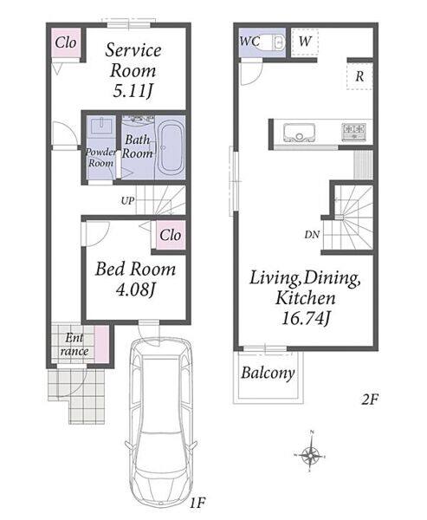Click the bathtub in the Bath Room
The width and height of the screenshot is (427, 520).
pyautogui.click(x=171, y=146)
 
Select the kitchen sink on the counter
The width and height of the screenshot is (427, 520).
pyautogui.click(x=299, y=133)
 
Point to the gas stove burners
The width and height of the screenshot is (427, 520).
pyautogui.click(x=354, y=132)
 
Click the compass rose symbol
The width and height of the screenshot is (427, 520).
pyautogui.click(x=311, y=455)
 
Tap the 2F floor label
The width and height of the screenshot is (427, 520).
pyautogui.click(x=369, y=400)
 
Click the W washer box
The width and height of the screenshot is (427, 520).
pyautogui.click(x=305, y=42)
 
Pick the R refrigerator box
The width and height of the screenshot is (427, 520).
pyautogui.click(x=359, y=76)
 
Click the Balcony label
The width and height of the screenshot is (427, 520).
pyautogui.click(x=268, y=373)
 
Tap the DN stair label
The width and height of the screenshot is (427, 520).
pyautogui.click(x=312, y=235)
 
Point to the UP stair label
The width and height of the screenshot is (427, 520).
pyautogui.click(x=127, y=201)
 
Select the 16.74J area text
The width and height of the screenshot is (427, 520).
pyautogui.click(x=306, y=319)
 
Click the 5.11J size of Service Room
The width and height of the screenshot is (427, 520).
pyautogui.click(x=133, y=91)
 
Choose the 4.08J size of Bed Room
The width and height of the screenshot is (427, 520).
pyautogui.click(x=136, y=290)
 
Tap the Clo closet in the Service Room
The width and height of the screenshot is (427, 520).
pyautogui.click(x=66, y=42)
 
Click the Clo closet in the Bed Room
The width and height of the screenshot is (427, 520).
pyautogui.click(x=171, y=235)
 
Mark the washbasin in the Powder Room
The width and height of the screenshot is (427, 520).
pyautogui.click(x=100, y=126)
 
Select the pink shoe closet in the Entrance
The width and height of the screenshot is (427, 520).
pyautogui.click(x=101, y=344)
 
